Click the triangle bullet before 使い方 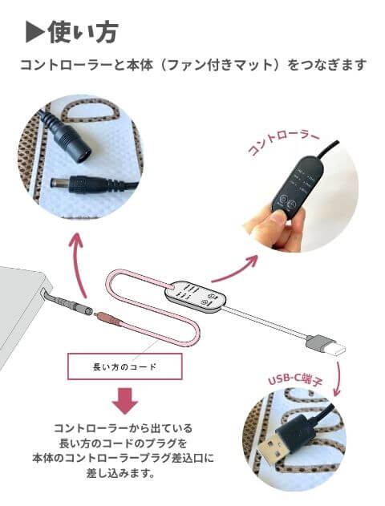(x=34, y=32)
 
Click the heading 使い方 (x=83, y=32)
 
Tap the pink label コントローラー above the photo (x=283, y=143)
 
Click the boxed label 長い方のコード (x=124, y=366)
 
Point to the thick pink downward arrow (x=125, y=402)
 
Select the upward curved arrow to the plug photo (x=79, y=261)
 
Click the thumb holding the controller (x=274, y=223)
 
